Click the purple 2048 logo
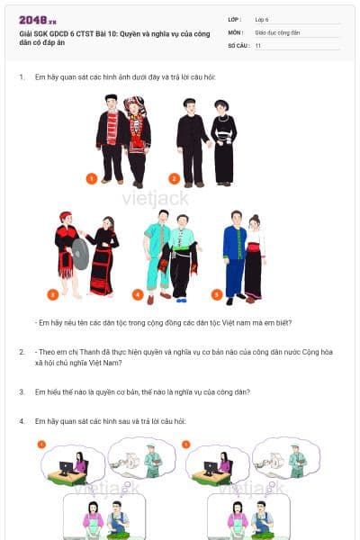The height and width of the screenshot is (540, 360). tap(37, 20)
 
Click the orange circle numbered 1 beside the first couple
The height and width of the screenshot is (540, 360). tap(92, 179)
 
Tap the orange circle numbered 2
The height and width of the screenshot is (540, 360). tap(175, 179)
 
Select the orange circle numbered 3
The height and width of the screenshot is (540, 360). tap(53, 294)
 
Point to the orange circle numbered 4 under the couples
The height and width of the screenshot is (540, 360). tap(138, 294)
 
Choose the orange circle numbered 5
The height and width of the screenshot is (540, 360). tap(217, 294)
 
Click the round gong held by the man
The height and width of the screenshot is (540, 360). tap(80, 254)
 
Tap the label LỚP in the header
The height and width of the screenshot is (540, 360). tap(235, 19)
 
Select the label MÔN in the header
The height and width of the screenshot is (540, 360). tap(236, 31)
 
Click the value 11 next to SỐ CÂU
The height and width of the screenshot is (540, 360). tap(258, 45)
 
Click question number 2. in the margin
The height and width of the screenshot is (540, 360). tap(22, 352)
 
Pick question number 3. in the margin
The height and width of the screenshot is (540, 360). tap(22, 391)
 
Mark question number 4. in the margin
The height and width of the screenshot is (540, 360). tap(22, 421)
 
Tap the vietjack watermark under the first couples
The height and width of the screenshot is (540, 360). tap(154, 193)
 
